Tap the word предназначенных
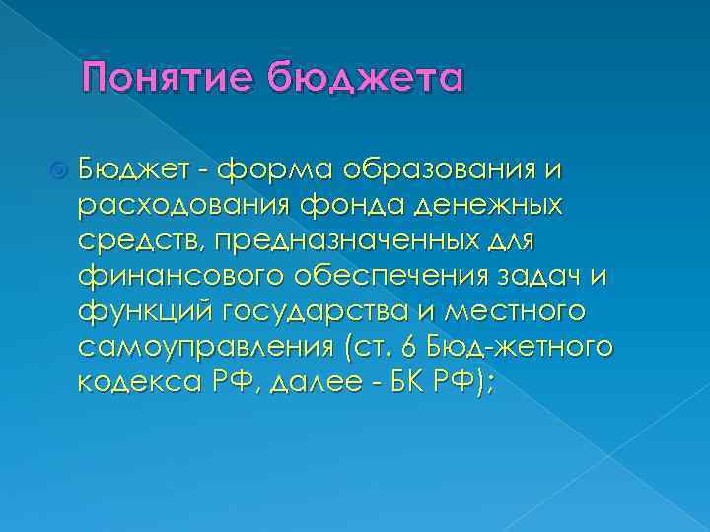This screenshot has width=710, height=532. pyautogui.click(x=377, y=242)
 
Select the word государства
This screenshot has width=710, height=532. pyautogui.click(x=314, y=313)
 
